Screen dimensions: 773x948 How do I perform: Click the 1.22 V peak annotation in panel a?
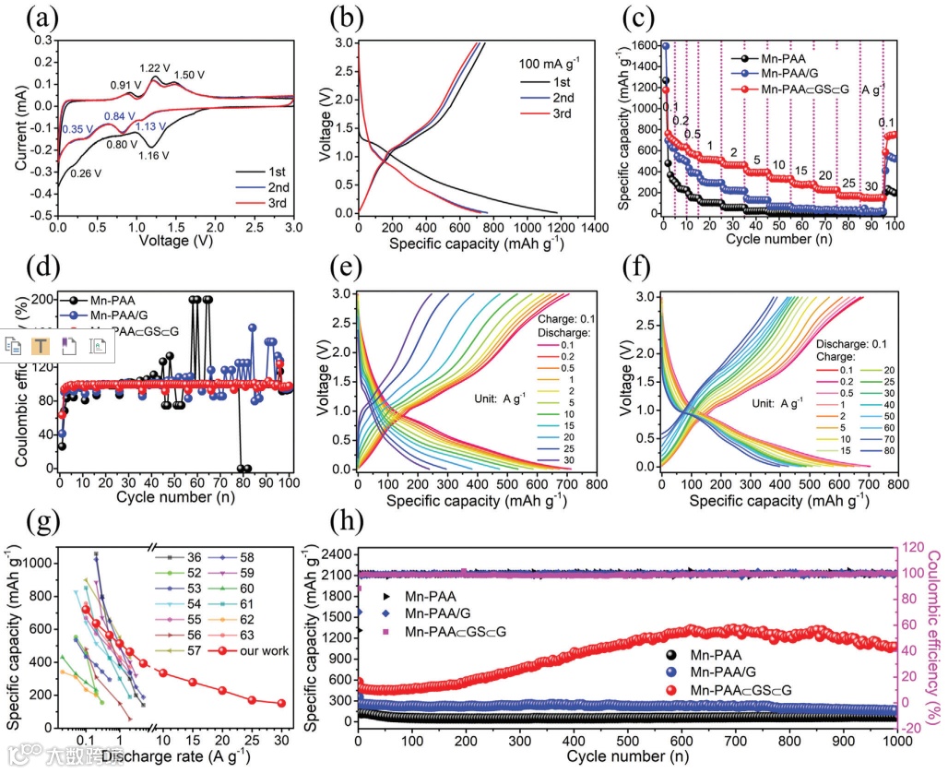(154, 67)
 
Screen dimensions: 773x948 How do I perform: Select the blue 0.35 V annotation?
(76, 130)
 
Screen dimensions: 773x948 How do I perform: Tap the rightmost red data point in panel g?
(281, 703)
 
